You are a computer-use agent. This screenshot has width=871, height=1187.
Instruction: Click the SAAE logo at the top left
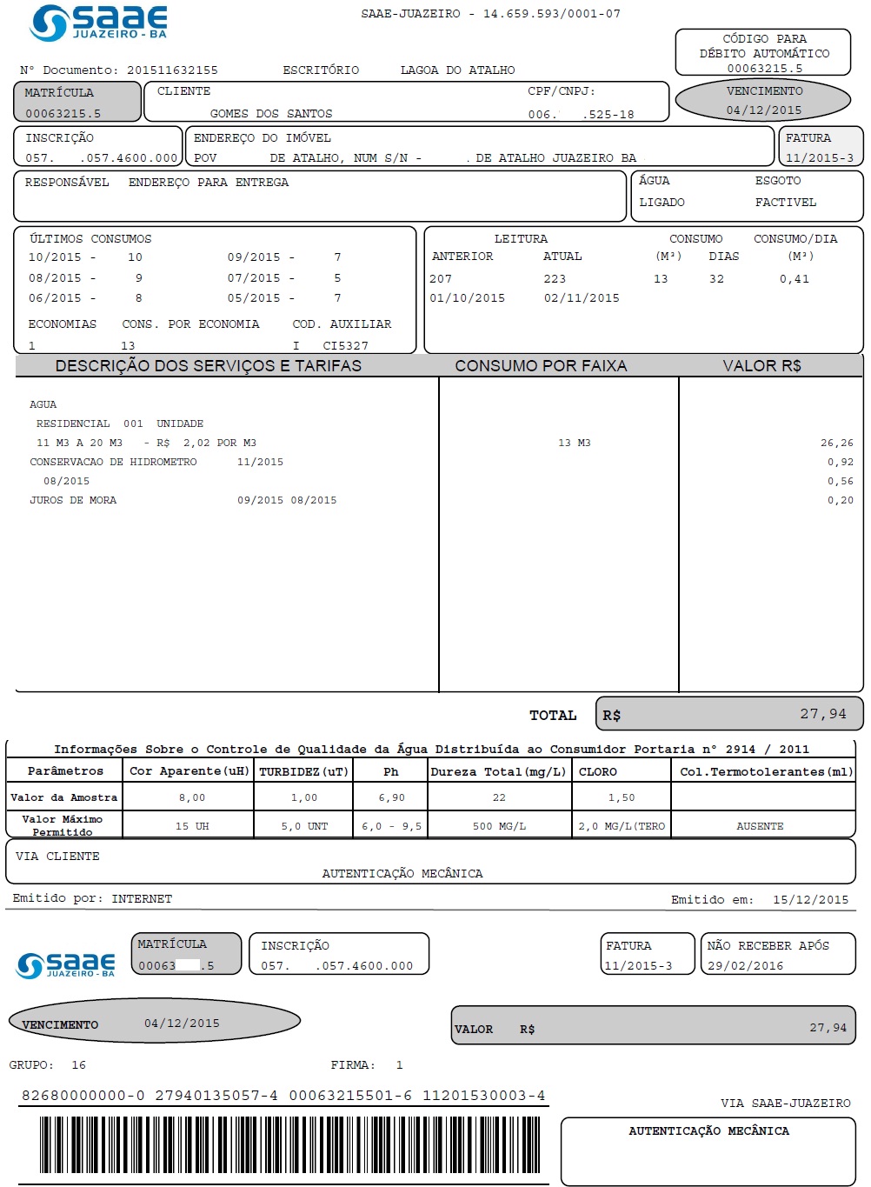point(97,23)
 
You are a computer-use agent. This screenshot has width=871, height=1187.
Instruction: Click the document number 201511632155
point(172,70)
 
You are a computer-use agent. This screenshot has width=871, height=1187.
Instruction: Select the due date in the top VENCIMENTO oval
point(763,110)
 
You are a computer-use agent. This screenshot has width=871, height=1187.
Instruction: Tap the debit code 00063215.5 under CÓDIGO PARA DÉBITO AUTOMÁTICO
point(764,69)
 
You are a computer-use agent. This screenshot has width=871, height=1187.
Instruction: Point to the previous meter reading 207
point(441,279)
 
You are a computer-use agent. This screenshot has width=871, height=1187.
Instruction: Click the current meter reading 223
point(555,279)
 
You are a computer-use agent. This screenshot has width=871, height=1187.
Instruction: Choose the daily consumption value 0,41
point(794,279)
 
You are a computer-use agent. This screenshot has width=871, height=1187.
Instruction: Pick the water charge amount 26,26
point(836,443)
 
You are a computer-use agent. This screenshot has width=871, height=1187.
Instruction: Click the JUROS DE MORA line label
point(73,501)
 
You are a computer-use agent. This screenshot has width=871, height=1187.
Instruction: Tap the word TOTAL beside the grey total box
point(553,716)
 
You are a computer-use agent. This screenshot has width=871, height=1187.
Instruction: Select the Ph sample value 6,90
point(391,798)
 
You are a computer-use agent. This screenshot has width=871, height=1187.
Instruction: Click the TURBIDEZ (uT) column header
point(303,772)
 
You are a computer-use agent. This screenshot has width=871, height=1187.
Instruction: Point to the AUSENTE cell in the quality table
point(760,827)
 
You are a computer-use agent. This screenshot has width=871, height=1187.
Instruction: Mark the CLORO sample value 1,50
point(622,798)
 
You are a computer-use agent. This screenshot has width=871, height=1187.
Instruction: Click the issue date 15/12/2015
point(810,900)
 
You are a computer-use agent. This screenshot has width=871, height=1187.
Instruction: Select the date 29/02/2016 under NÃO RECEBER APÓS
point(745,966)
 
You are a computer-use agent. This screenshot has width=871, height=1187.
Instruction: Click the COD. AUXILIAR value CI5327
point(345,346)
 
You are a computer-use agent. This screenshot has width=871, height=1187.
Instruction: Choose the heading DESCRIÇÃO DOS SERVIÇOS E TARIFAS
point(209,366)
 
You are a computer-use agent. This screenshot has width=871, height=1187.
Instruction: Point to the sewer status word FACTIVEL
point(785,203)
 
